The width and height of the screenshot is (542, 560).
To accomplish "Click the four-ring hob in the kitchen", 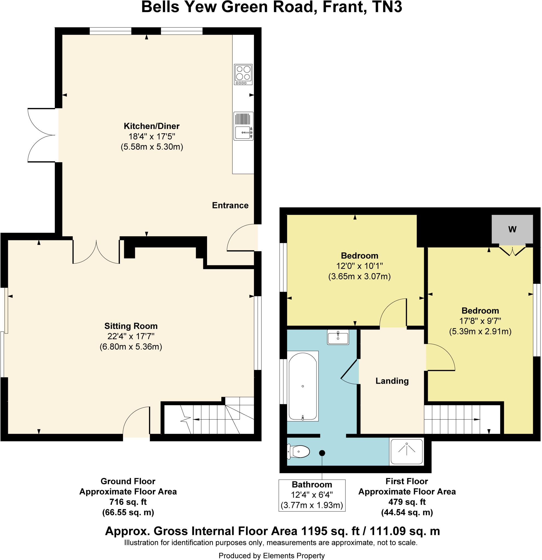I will click(243, 74).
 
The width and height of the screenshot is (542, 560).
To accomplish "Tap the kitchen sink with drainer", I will click(243, 126).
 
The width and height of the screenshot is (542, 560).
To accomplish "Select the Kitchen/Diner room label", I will click(151, 126).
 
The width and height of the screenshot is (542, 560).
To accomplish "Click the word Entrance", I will click(230, 205).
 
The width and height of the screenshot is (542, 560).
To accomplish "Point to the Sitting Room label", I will click(131, 326).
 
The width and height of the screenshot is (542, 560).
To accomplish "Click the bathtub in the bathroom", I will click(302, 386).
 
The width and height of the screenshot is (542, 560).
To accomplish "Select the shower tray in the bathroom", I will click(406, 451).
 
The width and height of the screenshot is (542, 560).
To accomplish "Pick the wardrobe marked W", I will click(512, 229).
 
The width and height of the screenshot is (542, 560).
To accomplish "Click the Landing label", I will click(392, 381).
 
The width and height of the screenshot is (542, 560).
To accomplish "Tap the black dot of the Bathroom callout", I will click(322, 453).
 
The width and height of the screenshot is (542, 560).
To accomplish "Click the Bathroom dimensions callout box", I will click(312, 495).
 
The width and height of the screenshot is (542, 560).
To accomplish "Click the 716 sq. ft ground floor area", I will click(128, 502).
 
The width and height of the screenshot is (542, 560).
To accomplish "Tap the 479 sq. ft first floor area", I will click(407, 502).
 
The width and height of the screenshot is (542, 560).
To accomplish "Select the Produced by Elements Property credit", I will click(271, 555).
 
